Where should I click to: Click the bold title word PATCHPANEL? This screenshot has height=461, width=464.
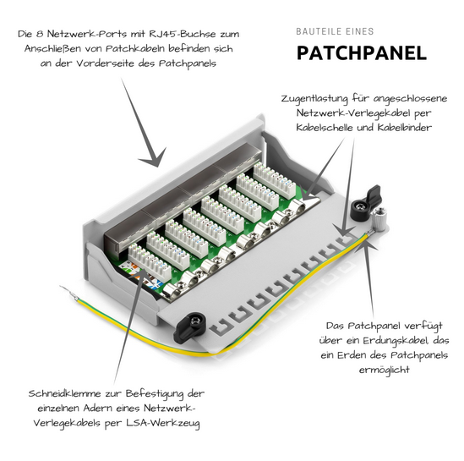tap(362, 53)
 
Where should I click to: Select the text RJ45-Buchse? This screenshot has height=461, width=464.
tap(182, 34)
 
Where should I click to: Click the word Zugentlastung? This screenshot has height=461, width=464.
tap(314, 99)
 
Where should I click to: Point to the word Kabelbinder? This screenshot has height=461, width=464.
tap(404, 128)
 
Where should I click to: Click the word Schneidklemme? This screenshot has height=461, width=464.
tap(64, 393)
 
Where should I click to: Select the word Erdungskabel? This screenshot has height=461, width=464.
tap(396, 341)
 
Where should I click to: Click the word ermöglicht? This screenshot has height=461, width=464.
tap(384, 370)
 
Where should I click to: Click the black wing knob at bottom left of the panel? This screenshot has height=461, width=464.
tap(190, 327)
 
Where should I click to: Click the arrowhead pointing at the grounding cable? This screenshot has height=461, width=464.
tap(366, 243)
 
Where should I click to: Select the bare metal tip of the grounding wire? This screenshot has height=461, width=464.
tap(68, 292)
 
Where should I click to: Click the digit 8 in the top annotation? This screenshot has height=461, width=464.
tap(40, 34)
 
